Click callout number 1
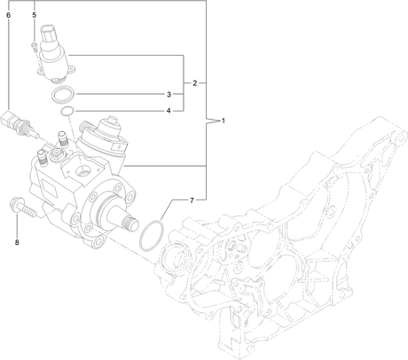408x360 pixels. point(224,121)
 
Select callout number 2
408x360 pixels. point(194,83)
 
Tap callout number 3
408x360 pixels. point(169,94)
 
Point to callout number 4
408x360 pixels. point(169,111)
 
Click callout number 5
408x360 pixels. point(35,15)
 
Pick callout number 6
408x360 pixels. point(8,15)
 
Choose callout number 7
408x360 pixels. point(192,200)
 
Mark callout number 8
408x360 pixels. point(17,242)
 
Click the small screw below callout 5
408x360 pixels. point(35,47)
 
